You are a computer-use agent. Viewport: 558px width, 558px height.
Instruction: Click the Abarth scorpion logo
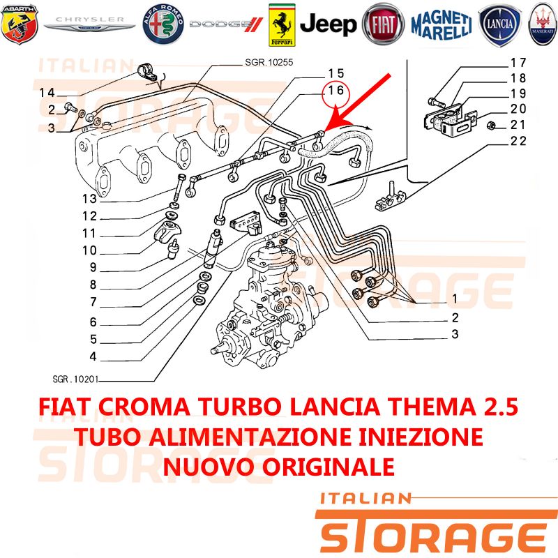click(20, 24)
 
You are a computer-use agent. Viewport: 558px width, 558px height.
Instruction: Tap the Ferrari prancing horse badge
click(282, 25)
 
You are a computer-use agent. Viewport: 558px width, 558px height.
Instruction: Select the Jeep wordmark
click(328, 24)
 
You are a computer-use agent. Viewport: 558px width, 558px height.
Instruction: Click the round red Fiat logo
click(383, 24)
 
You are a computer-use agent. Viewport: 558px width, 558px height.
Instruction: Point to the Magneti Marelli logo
click(442, 25)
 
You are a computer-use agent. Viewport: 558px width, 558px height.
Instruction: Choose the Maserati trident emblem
click(543, 24)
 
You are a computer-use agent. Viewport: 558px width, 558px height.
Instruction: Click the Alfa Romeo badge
click(163, 24)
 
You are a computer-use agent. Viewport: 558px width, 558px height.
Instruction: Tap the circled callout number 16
click(335, 91)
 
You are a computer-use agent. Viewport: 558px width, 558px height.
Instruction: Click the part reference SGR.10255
click(269, 62)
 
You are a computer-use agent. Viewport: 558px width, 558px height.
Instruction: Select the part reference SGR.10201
click(75, 379)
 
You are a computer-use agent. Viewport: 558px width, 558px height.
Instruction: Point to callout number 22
click(518, 141)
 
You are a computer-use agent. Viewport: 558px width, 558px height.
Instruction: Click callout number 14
click(47, 93)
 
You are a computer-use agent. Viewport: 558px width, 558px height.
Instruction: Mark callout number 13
click(90, 199)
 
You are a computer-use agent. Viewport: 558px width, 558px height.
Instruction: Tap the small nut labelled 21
click(491, 126)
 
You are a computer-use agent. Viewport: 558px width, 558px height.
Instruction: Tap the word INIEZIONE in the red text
click(421, 437)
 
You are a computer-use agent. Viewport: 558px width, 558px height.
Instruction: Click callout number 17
click(518, 63)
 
